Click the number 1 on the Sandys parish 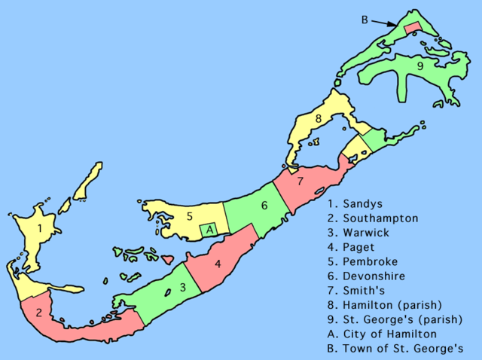click(x=38, y=227)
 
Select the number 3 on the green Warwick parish click(x=182, y=287)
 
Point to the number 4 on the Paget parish click(x=217, y=264)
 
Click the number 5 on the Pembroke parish click(x=190, y=216)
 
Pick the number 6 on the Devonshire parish click(x=264, y=205)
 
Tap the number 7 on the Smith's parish click(x=299, y=182)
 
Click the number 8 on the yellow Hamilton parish click(x=319, y=119)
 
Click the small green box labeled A click(x=211, y=230)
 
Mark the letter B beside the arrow click(x=365, y=20)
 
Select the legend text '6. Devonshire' click(x=368, y=276)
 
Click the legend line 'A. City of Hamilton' click(x=384, y=334)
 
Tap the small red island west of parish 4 click(x=169, y=259)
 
